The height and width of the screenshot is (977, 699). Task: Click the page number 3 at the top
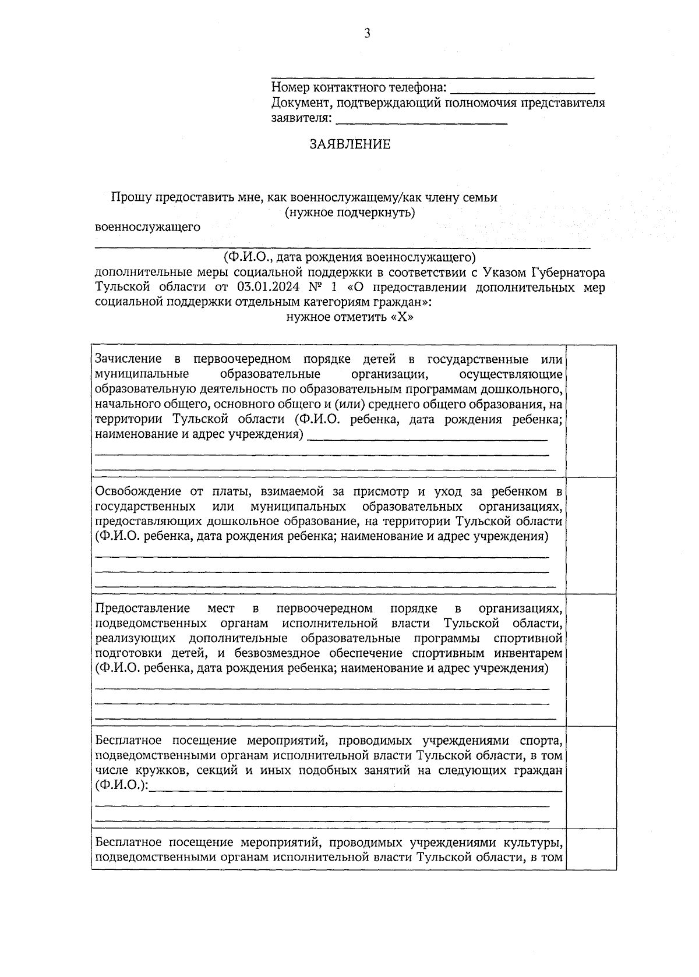[367, 33]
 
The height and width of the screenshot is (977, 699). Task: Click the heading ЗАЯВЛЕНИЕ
[350, 144]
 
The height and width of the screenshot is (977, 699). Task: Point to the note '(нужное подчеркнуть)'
[350, 212]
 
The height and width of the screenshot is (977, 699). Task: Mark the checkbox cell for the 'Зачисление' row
[591, 410]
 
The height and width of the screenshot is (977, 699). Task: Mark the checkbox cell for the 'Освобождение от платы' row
[591, 535]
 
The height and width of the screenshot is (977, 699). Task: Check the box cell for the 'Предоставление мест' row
[591, 660]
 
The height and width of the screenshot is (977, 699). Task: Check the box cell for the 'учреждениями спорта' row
[591, 777]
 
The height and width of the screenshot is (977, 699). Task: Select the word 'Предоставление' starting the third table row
[143, 608]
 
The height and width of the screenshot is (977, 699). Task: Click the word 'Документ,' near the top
[298, 103]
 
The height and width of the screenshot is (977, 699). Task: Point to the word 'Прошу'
[128, 197]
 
